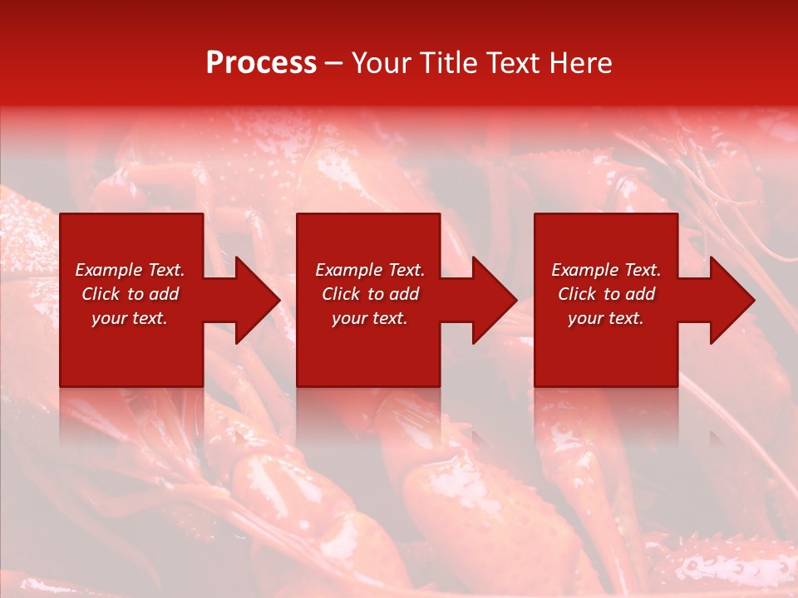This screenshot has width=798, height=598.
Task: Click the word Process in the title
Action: point(261,63)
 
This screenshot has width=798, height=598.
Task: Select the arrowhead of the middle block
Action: point(492,300)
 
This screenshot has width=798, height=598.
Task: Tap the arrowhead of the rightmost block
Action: point(730,300)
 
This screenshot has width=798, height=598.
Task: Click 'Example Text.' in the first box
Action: point(130,270)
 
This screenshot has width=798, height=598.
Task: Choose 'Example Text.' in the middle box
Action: point(370,270)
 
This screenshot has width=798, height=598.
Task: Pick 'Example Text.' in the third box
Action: point(606,270)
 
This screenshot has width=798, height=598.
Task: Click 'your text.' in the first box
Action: point(130,318)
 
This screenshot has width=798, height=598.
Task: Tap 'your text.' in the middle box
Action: point(370,318)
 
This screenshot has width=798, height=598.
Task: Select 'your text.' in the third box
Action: point(606,318)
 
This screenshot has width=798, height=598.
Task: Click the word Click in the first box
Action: point(101,294)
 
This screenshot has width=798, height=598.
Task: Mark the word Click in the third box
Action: point(578,294)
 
